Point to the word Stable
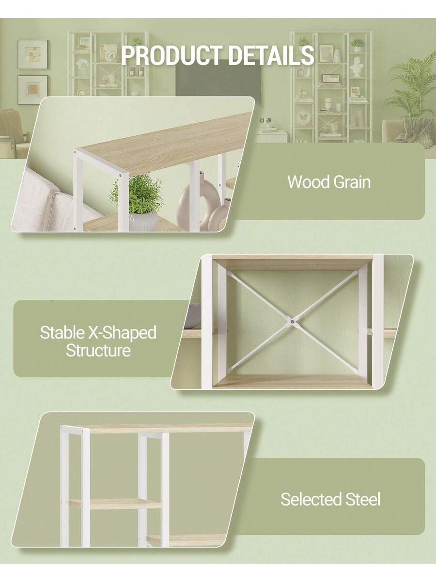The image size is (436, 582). click(62, 333)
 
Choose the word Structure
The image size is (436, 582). click(98, 351)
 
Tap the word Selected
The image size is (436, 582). click(311, 499)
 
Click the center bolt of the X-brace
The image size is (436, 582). click(292, 322)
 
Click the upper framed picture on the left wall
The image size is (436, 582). click(33, 55)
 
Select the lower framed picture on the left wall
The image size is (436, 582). click(33, 90)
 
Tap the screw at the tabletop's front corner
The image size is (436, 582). click(121, 175)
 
